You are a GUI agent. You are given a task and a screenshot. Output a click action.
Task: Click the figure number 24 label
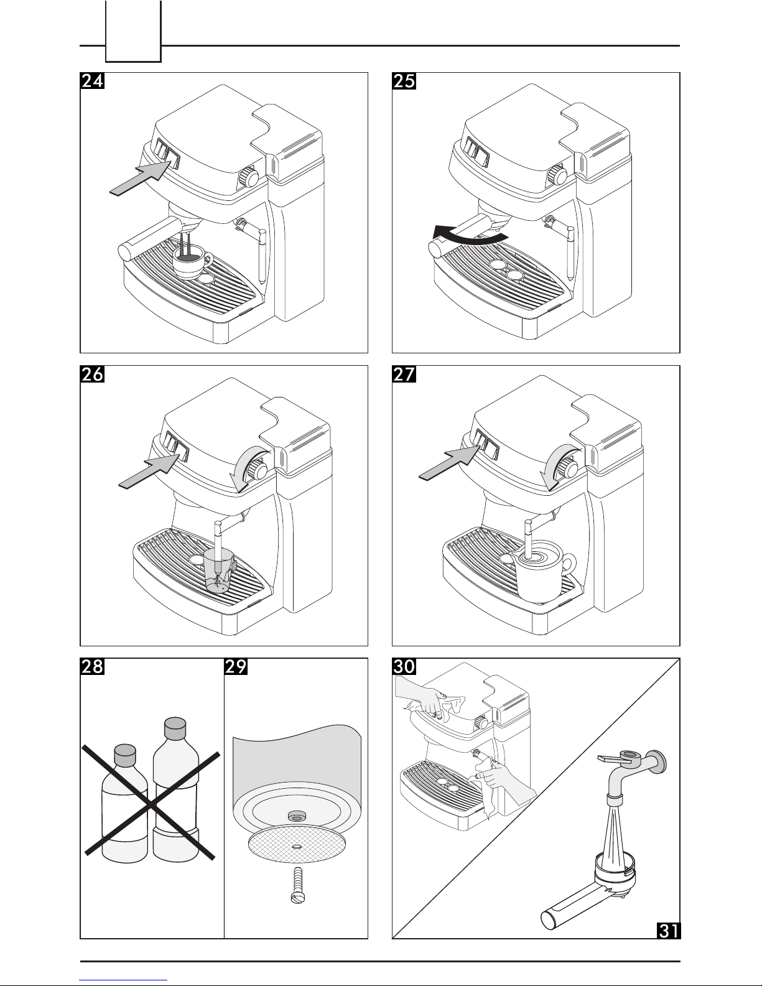(92, 82)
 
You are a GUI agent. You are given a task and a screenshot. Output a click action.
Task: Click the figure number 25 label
(404, 82)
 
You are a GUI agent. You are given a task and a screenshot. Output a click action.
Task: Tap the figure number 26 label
(92, 375)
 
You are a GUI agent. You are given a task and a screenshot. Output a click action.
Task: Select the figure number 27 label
(404, 375)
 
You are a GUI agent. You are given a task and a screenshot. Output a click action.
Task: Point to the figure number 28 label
(92, 667)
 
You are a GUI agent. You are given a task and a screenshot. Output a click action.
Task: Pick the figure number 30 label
(404, 667)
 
